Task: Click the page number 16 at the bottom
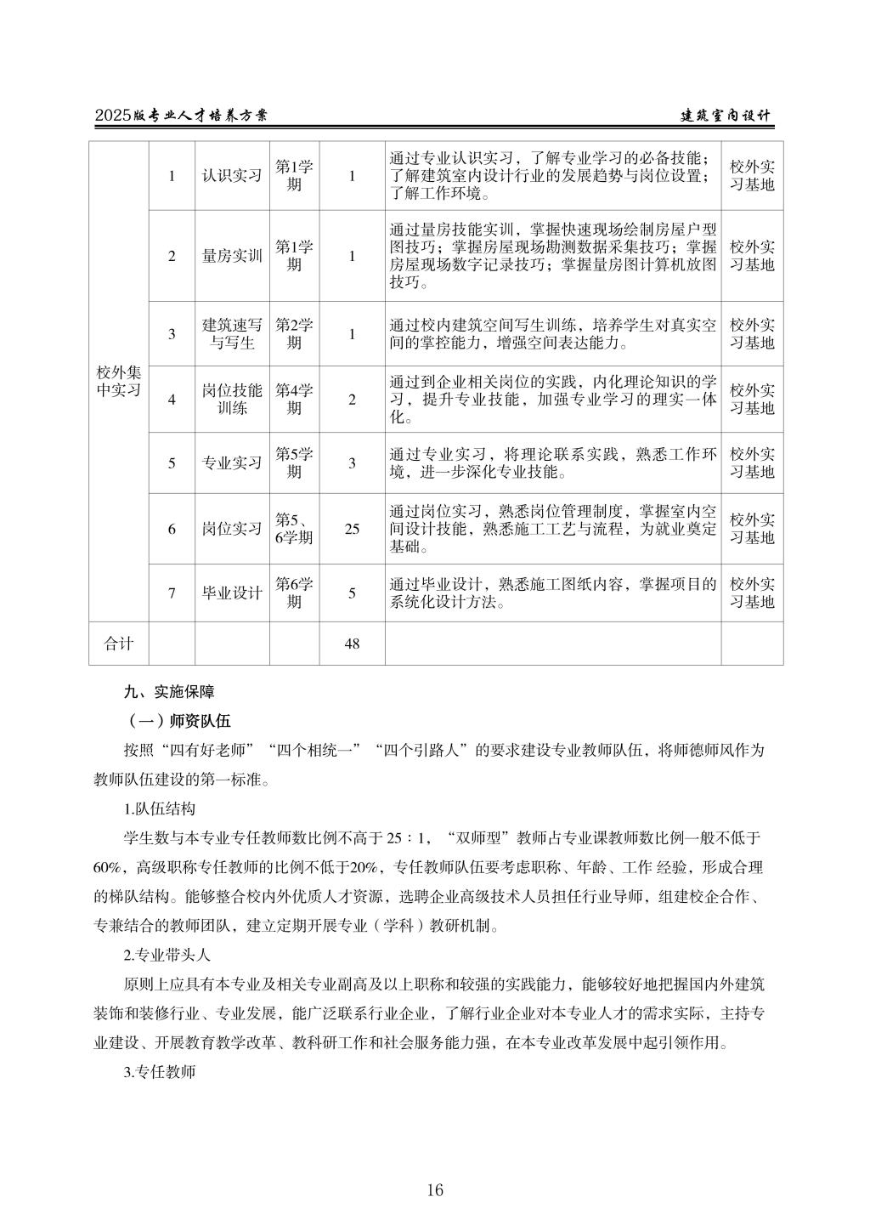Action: click(435, 1190)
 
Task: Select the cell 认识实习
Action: click(232, 176)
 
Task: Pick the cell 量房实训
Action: click(232, 256)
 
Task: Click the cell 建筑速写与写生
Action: click(232, 334)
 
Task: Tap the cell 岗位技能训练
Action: click(232, 400)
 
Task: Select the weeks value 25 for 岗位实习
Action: click(352, 529)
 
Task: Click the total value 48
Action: click(352, 644)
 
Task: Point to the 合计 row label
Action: click(119, 644)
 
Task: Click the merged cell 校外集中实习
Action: click(119, 382)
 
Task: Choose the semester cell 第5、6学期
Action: click(294, 529)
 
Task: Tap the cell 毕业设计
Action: click(232, 593)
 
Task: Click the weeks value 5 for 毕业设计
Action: click(352, 593)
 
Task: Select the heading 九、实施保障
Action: click(169, 692)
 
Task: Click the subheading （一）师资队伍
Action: click(177, 721)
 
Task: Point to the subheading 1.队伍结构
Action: click(159, 808)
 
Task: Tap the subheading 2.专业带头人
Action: click(167, 954)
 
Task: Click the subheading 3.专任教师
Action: click(159, 1072)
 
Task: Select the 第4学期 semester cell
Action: click(294, 400)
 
